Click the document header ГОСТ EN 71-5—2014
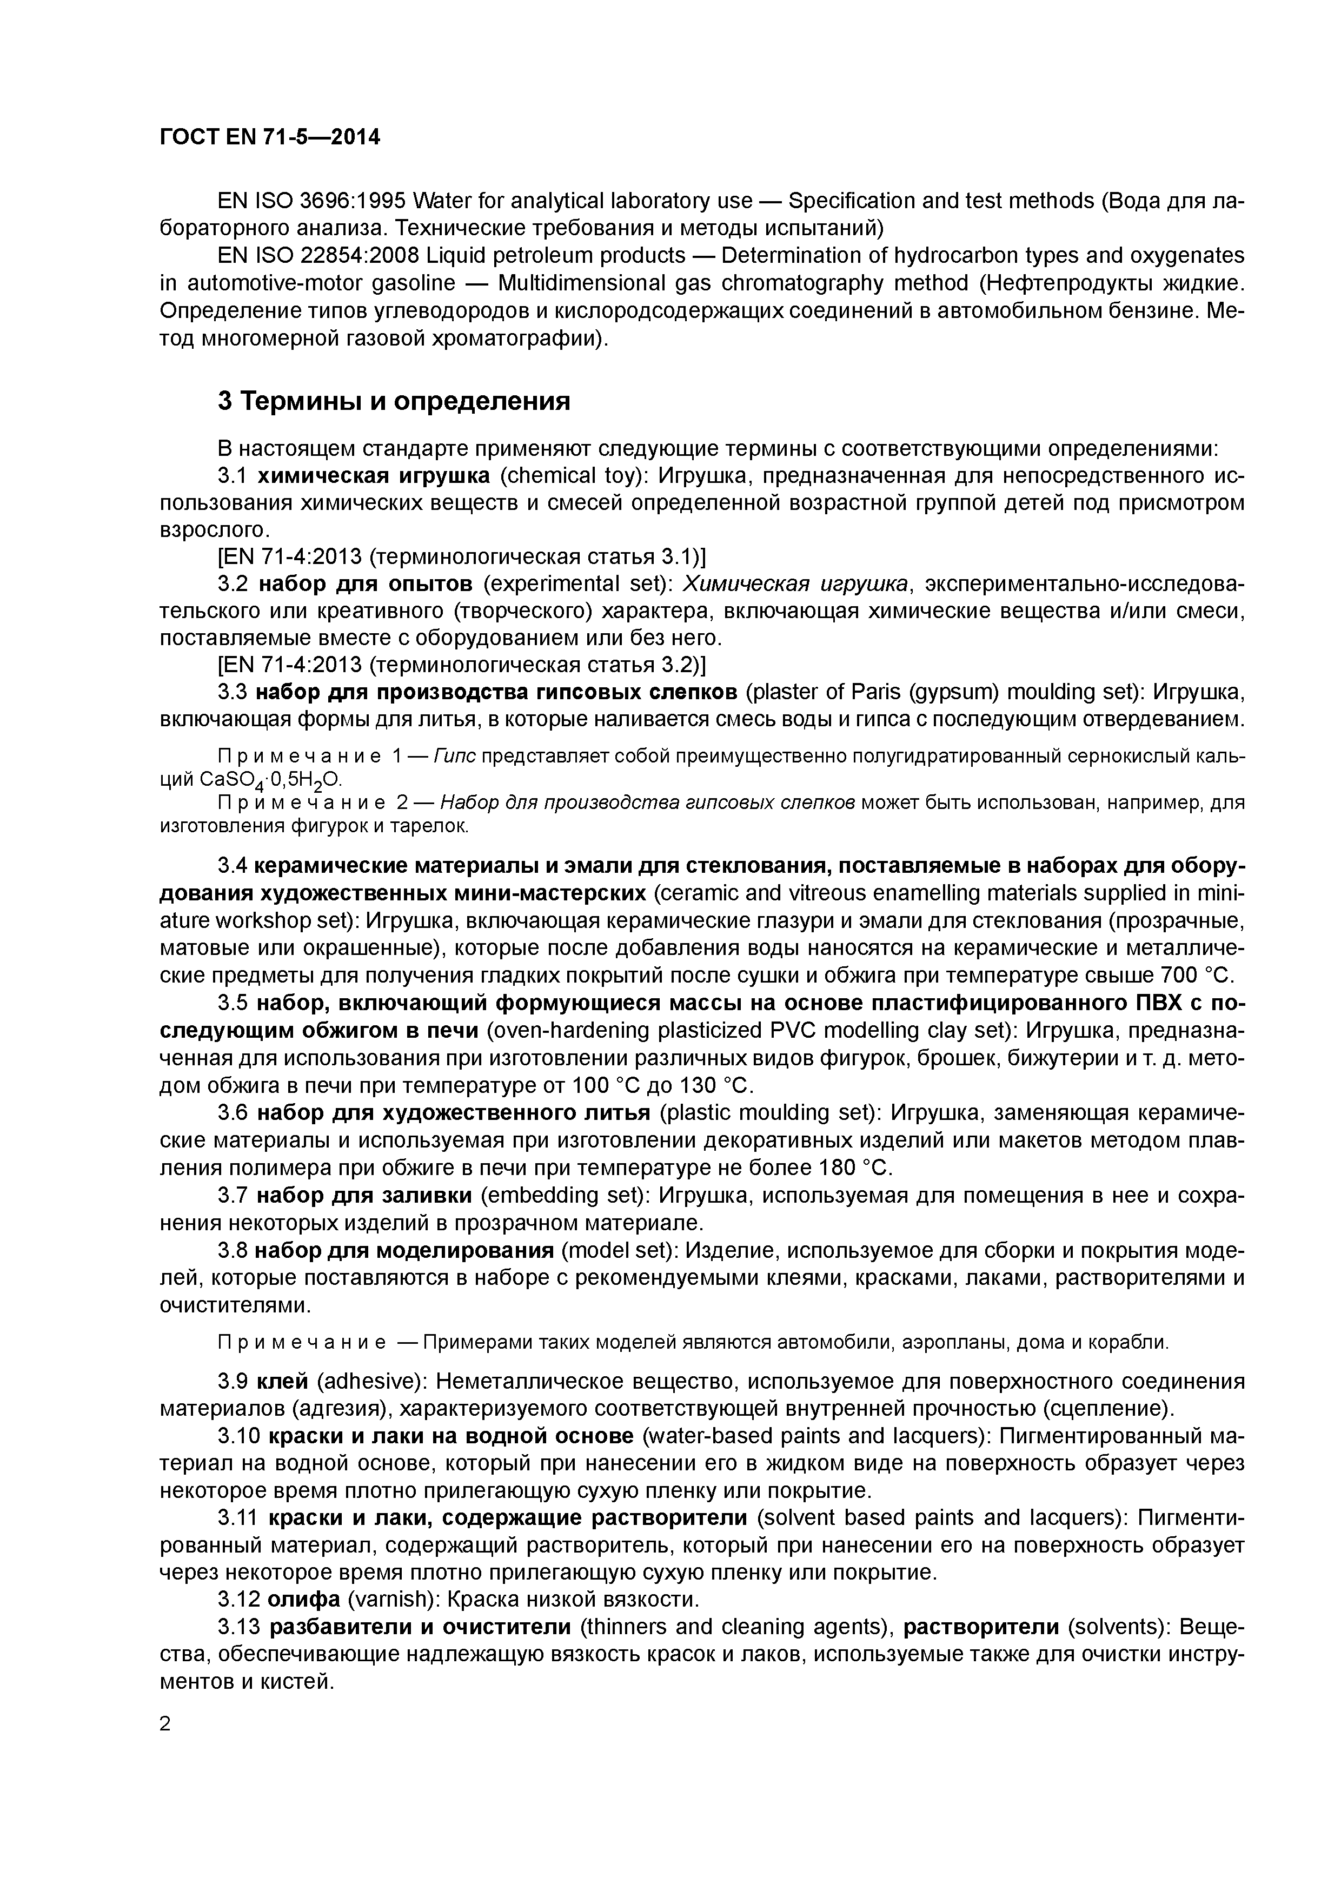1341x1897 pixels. [x=269, y=137]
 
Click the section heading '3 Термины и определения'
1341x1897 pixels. [x=394, y=402]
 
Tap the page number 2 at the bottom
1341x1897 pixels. [x=165, y=1723]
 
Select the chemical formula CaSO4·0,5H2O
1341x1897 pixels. [x=270, y=780]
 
